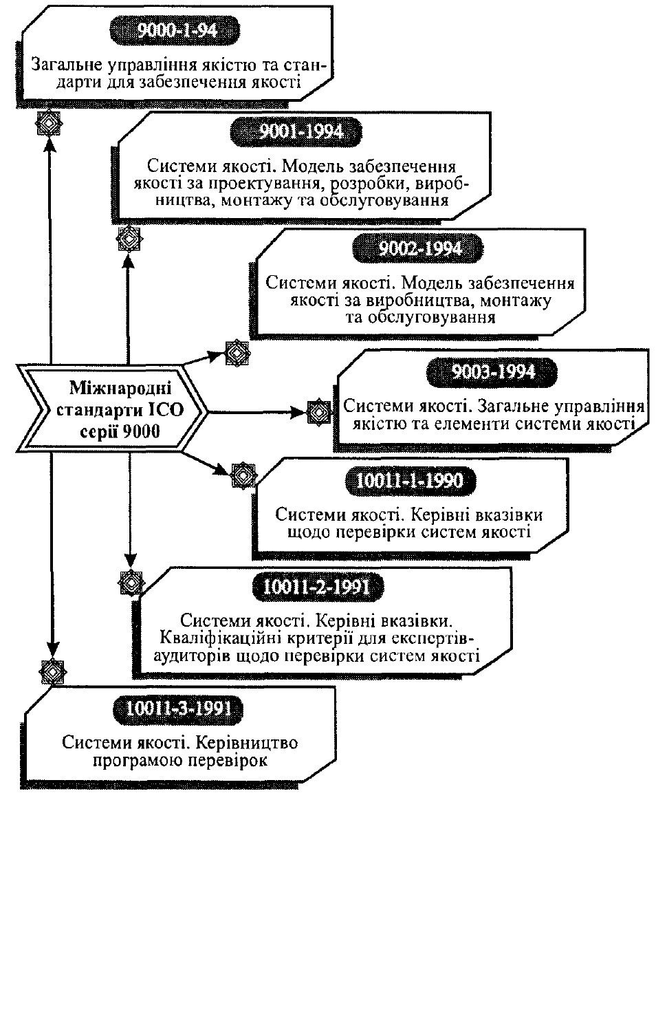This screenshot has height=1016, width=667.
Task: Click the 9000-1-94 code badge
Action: pos(175,30)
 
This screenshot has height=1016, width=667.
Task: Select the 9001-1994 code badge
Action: pos(296,132)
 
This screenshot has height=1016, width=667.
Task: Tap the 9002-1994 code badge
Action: pos(417,248)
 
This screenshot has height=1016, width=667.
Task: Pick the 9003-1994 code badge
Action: pos(492,372)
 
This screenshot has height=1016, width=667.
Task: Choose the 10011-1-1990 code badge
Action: pos(411,481)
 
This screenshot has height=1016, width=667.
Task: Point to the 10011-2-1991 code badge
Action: pos(318,587)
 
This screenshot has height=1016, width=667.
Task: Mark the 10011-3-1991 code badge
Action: pos(177,709)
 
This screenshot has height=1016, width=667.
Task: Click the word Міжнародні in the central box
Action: pos(120,388)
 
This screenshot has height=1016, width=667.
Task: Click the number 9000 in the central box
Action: pos(141,431)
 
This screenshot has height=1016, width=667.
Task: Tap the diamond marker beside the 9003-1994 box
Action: pos(319,412)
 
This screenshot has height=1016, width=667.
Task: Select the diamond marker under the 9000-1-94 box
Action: pos(49,123)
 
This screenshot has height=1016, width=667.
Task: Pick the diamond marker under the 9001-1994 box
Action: pos(129,238)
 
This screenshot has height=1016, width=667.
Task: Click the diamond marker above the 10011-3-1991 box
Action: pos(52,672)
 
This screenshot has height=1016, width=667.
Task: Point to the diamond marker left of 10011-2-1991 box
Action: pos(131,582)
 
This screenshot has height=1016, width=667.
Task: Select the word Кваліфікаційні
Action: pos(221,638)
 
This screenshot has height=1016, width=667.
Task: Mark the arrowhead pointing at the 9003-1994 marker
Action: pos(299,412)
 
